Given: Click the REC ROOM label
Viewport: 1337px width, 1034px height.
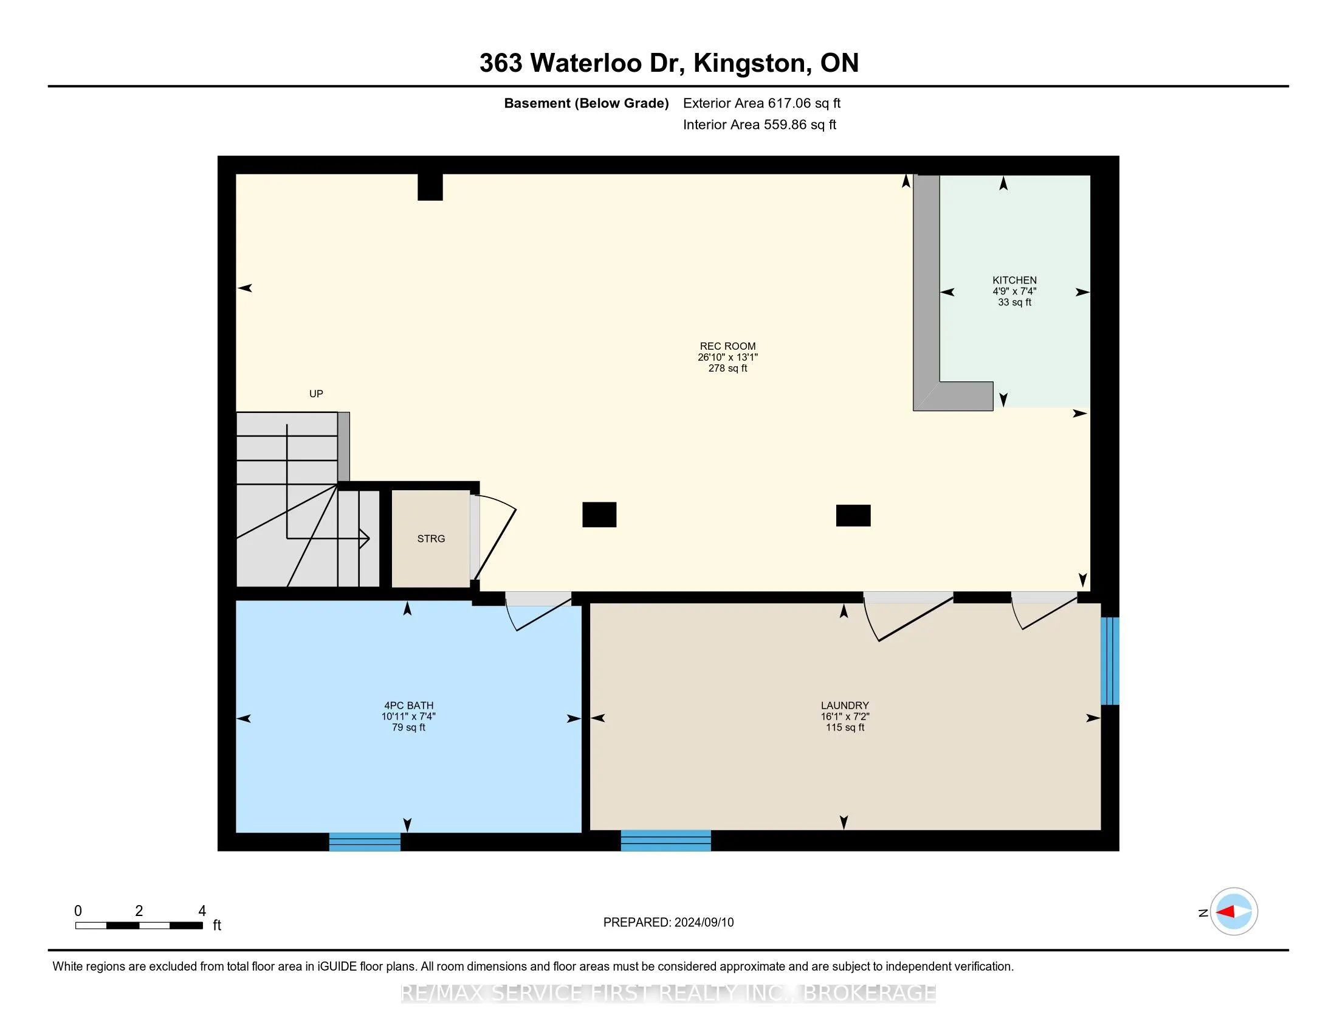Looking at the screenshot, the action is (727, 346).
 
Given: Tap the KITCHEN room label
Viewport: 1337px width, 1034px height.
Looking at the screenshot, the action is (1014, 280).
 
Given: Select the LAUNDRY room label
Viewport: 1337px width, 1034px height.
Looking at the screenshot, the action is (845, 705).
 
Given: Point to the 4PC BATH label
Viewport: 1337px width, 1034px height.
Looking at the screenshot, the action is (408, 705).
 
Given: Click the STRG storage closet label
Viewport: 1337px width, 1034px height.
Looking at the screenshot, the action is (431, 538).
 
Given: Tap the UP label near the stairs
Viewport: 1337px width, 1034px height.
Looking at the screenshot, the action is (316, 394).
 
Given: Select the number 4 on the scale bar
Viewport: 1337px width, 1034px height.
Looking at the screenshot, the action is (202, 911).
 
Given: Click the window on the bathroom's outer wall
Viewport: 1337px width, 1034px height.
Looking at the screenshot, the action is (365, 842).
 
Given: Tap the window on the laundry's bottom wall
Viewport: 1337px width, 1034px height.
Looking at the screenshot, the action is (666, 841).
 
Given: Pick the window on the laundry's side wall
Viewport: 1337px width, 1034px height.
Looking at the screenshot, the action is (1110, 661).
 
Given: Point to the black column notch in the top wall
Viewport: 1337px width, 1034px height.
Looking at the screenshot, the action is (430, 187).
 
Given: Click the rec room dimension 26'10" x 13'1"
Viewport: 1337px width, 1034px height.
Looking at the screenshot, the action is (727, 357).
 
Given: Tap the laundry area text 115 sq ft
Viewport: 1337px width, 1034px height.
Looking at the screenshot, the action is (845, 727).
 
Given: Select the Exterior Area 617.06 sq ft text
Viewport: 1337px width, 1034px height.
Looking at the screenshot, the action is (761, 103).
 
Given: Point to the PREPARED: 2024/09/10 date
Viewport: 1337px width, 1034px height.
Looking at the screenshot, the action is (669, 923).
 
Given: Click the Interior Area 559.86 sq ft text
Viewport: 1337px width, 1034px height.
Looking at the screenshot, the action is (760, 125).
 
